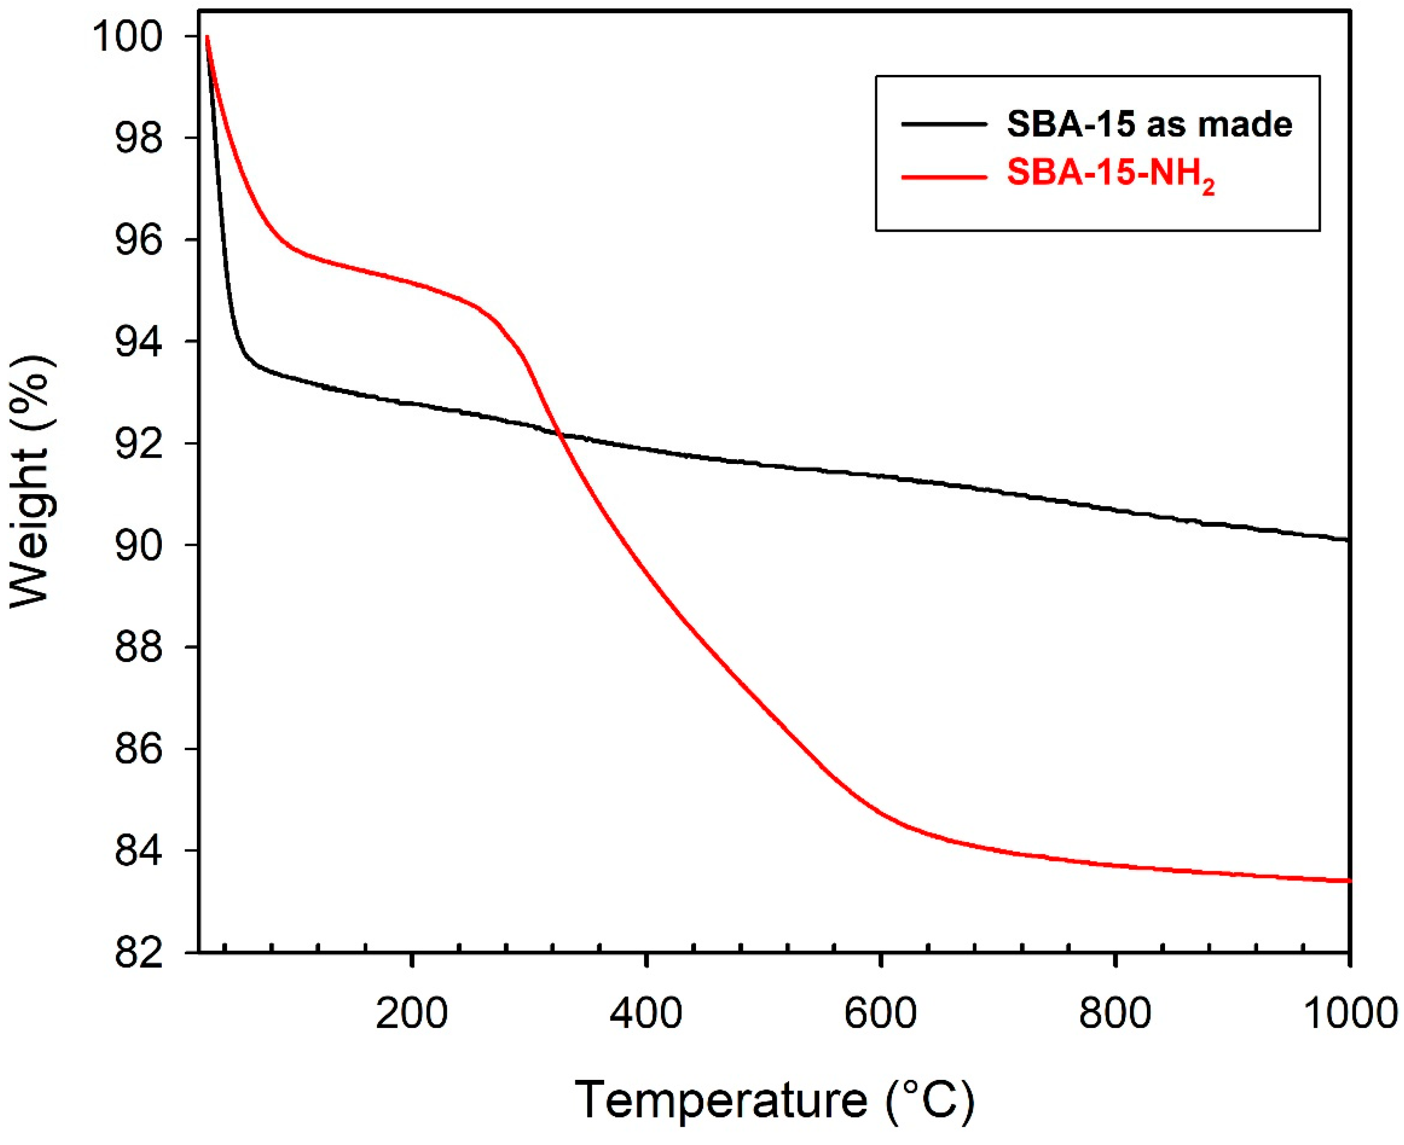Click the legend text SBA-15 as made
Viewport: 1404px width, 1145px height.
coord(1150,124)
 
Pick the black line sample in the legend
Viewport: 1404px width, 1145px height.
coord(944,124)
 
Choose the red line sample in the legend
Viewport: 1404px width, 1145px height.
coord(944,177)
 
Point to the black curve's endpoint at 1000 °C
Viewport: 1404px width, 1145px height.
coord(1349,540)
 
